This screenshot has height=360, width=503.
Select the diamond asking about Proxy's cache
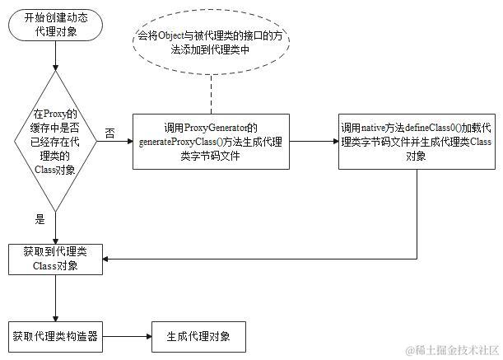tap(55, 141)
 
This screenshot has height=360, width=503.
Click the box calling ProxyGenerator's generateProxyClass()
tap(211, 141)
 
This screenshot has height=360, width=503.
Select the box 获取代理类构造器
tap(55, 336)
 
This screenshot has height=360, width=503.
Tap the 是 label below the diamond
tap(40, 220)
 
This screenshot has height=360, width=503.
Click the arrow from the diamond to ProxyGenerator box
tap(119, 142)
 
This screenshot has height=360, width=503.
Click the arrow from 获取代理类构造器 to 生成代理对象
tap(127, 336)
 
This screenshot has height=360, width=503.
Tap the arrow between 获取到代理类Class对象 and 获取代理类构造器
tap(55, 298)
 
